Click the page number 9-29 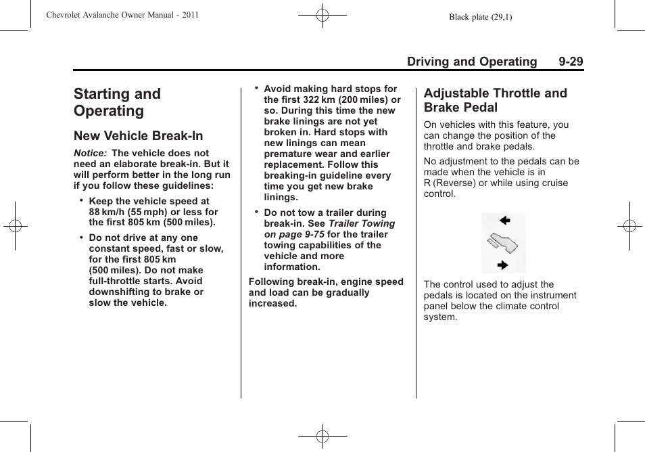coord(571,62)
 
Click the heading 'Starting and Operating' coord(118,102)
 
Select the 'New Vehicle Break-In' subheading coord(139,136)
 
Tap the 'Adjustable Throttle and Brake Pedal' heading coord(496,100)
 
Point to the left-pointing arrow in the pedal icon coord(504,221)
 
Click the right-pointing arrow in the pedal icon coord(502,265)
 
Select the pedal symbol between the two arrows coord(503,243)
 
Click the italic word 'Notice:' coord(91,154)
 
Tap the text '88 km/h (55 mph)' coord(127,212)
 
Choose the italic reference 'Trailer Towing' coord(362,223)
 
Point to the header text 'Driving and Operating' coord(471,62)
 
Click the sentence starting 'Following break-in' coord(326,292)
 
